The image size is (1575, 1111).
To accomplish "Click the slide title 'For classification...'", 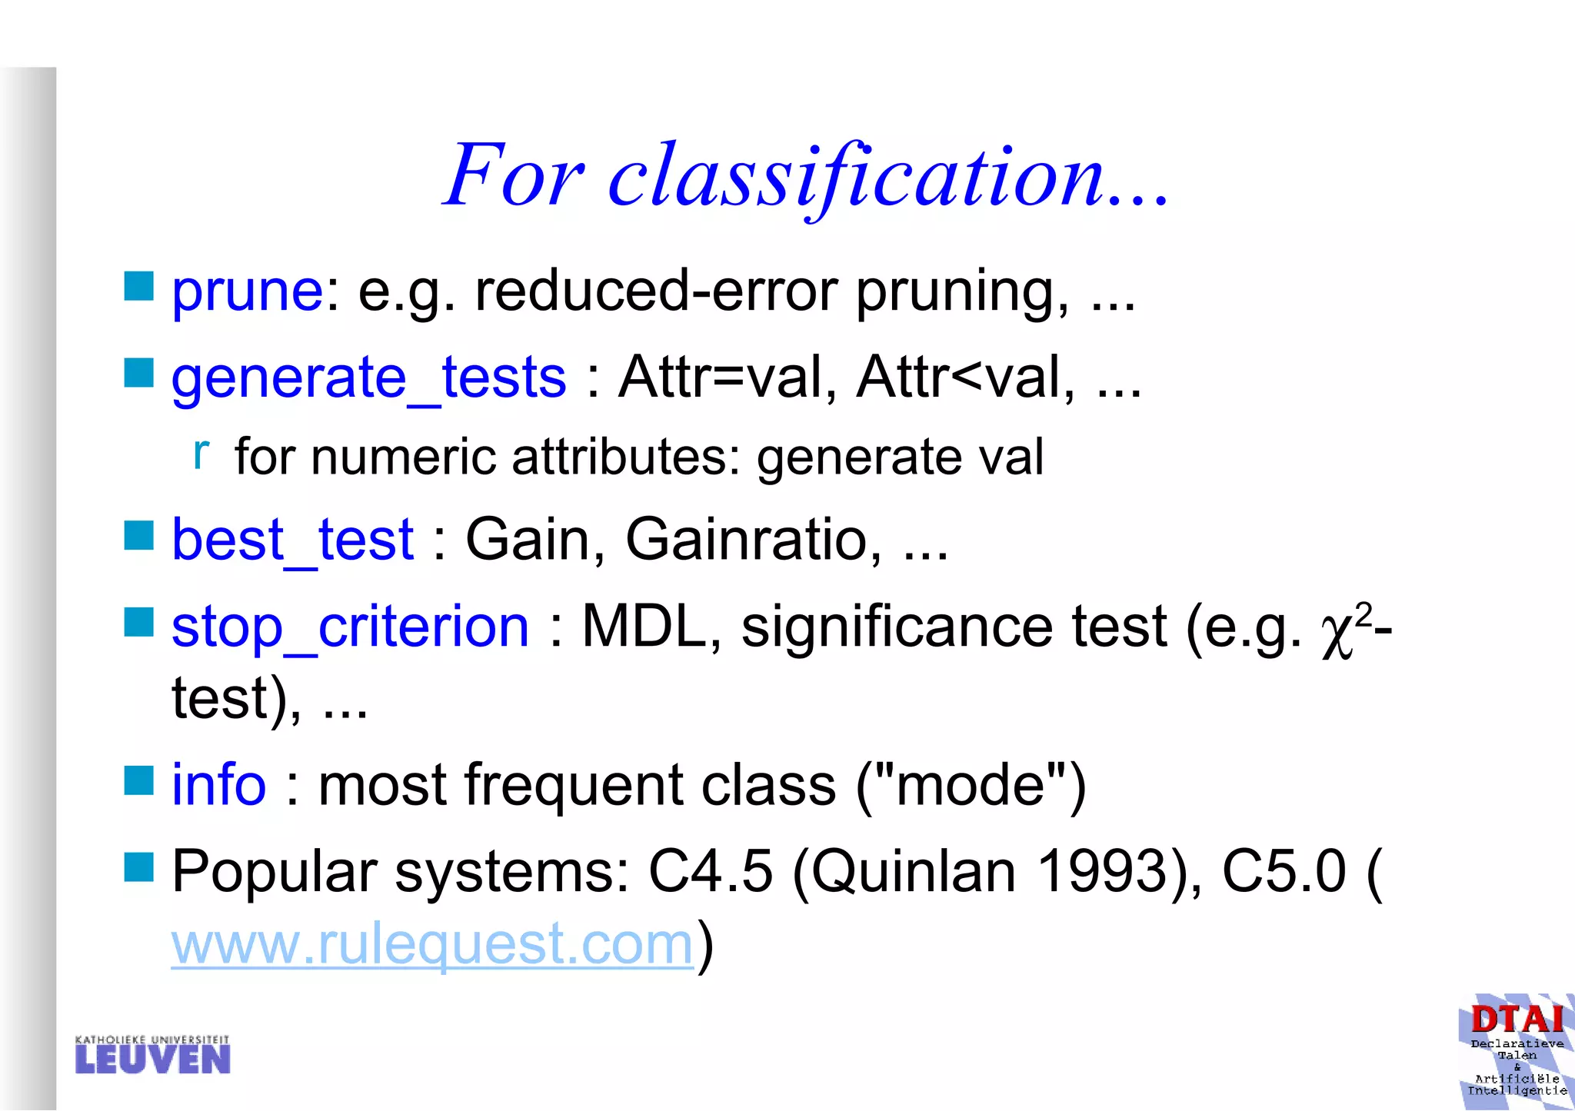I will coord(805,177).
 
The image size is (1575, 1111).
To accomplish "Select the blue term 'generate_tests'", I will coord(368,378).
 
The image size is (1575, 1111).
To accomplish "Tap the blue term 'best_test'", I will coord(292,541).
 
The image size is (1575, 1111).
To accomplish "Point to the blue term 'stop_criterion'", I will coord(350,627).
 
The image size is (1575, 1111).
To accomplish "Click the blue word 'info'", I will coord(218,785).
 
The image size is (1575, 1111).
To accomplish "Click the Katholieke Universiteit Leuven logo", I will coord(152,1054).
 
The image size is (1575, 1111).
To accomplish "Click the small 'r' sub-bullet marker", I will coord(201,454).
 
